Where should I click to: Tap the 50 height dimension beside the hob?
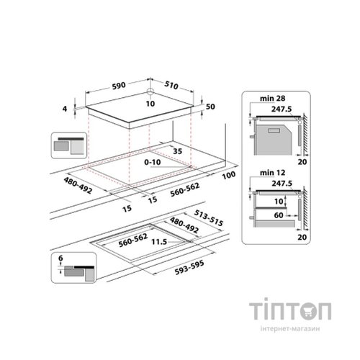210,107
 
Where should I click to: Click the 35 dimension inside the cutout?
178,150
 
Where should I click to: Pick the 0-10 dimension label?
153,164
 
